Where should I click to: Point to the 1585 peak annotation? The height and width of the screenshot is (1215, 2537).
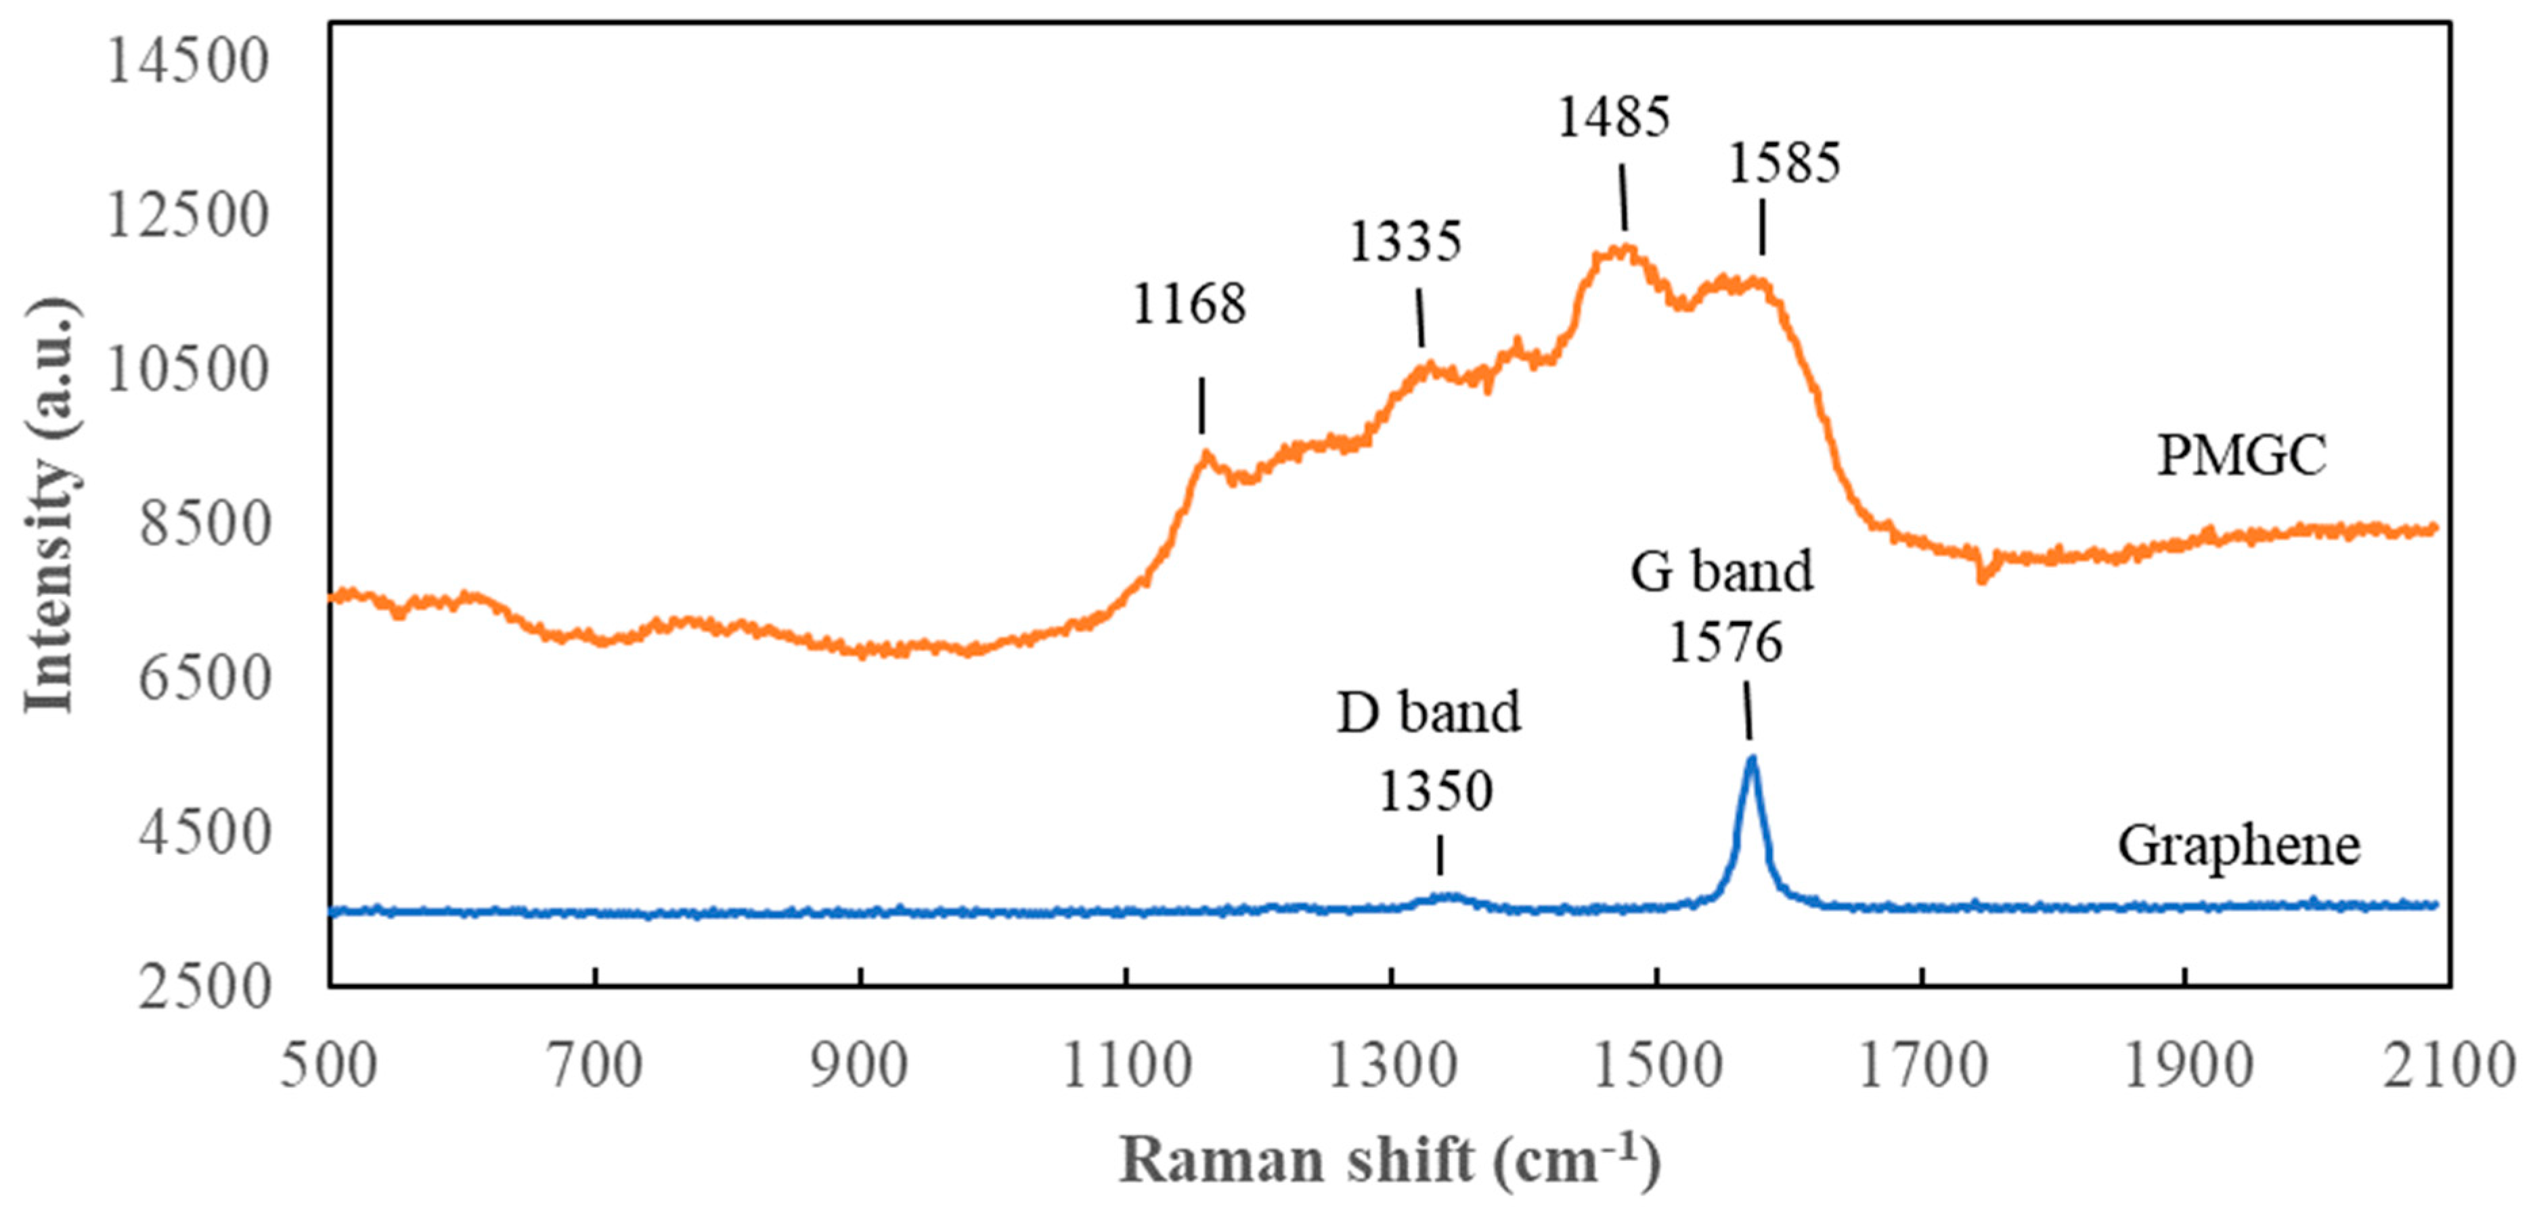coord(1784,162)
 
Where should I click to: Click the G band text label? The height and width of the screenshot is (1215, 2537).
coord(1721,571)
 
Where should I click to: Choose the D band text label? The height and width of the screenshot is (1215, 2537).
coord(1428,712)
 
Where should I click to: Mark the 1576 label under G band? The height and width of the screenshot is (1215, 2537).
coord(1725,643)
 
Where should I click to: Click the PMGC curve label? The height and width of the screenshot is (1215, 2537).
coord(2242,456)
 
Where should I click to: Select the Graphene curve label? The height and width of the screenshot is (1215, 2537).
coord(2238,845)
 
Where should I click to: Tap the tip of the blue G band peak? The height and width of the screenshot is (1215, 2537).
coord(1751,758)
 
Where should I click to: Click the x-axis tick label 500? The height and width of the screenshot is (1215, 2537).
coord(329,1065)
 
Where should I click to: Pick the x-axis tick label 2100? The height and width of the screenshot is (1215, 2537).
coord(2448,1065)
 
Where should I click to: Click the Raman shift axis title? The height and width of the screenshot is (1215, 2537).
coord(1389,1160)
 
